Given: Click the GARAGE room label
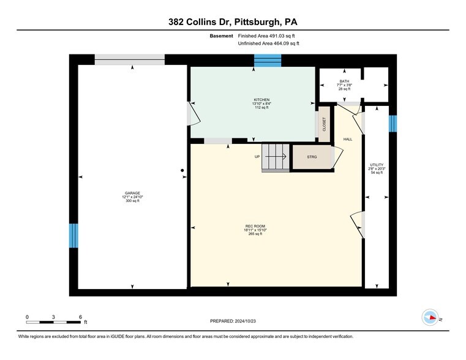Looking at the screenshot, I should coord(132,193).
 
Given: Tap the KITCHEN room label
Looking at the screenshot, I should coord(261,100).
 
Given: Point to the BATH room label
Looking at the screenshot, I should coord(344,81).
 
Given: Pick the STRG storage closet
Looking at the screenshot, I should coord(312,157).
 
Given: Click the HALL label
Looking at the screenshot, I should coord(347,140).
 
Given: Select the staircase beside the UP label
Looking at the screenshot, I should coord(276,157).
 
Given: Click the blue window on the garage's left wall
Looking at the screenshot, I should coord(73,235).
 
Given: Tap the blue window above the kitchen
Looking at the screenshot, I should coord(267,60).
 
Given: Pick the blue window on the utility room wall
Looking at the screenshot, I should coord(393,123).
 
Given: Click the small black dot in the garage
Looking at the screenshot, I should coord(182,171).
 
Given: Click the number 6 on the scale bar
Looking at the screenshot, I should coord(80,317).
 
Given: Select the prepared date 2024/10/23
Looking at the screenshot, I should coord(233,321).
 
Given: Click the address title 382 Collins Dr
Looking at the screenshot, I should coord(233,22).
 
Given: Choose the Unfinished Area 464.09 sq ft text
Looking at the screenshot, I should coord(269,44).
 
